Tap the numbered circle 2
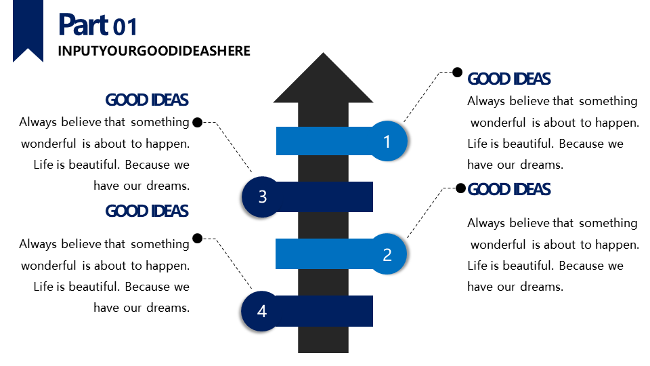tap(387, 255)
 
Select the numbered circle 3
tap(262, 197)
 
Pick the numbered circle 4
tap(262, 311)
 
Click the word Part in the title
tap(83, 25)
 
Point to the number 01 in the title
tap(125, 27)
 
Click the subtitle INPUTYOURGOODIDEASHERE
tap(154, 51)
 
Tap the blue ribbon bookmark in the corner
tap(28, 30)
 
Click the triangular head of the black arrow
tap(324, 80)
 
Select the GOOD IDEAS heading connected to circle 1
tap(509, 79)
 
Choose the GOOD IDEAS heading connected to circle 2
tap(509, 189)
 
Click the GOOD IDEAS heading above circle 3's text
tap(147, 100)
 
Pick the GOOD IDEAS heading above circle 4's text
tap(147, 211)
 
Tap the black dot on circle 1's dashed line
tap(457, 72)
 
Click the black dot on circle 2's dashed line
tap(460, 188)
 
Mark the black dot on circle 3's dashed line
tap(197, 122)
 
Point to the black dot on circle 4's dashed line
tap(197, 238)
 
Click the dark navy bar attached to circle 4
tap(325, 311)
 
